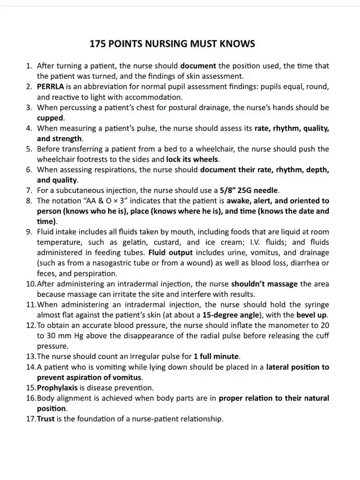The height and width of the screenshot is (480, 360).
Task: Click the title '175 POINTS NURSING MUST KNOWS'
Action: click(180, 43)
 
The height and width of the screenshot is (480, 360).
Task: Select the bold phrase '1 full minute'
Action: click(217, 356)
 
